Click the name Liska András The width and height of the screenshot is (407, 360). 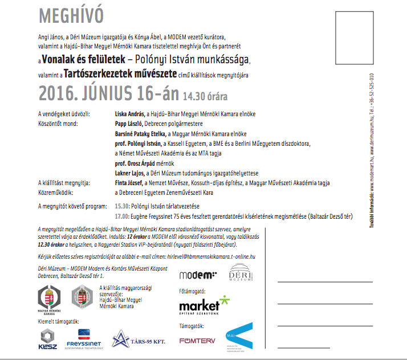click(129, 114)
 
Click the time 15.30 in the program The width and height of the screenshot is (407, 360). click(121, 204)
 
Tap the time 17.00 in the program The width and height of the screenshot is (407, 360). click(121, 216)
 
